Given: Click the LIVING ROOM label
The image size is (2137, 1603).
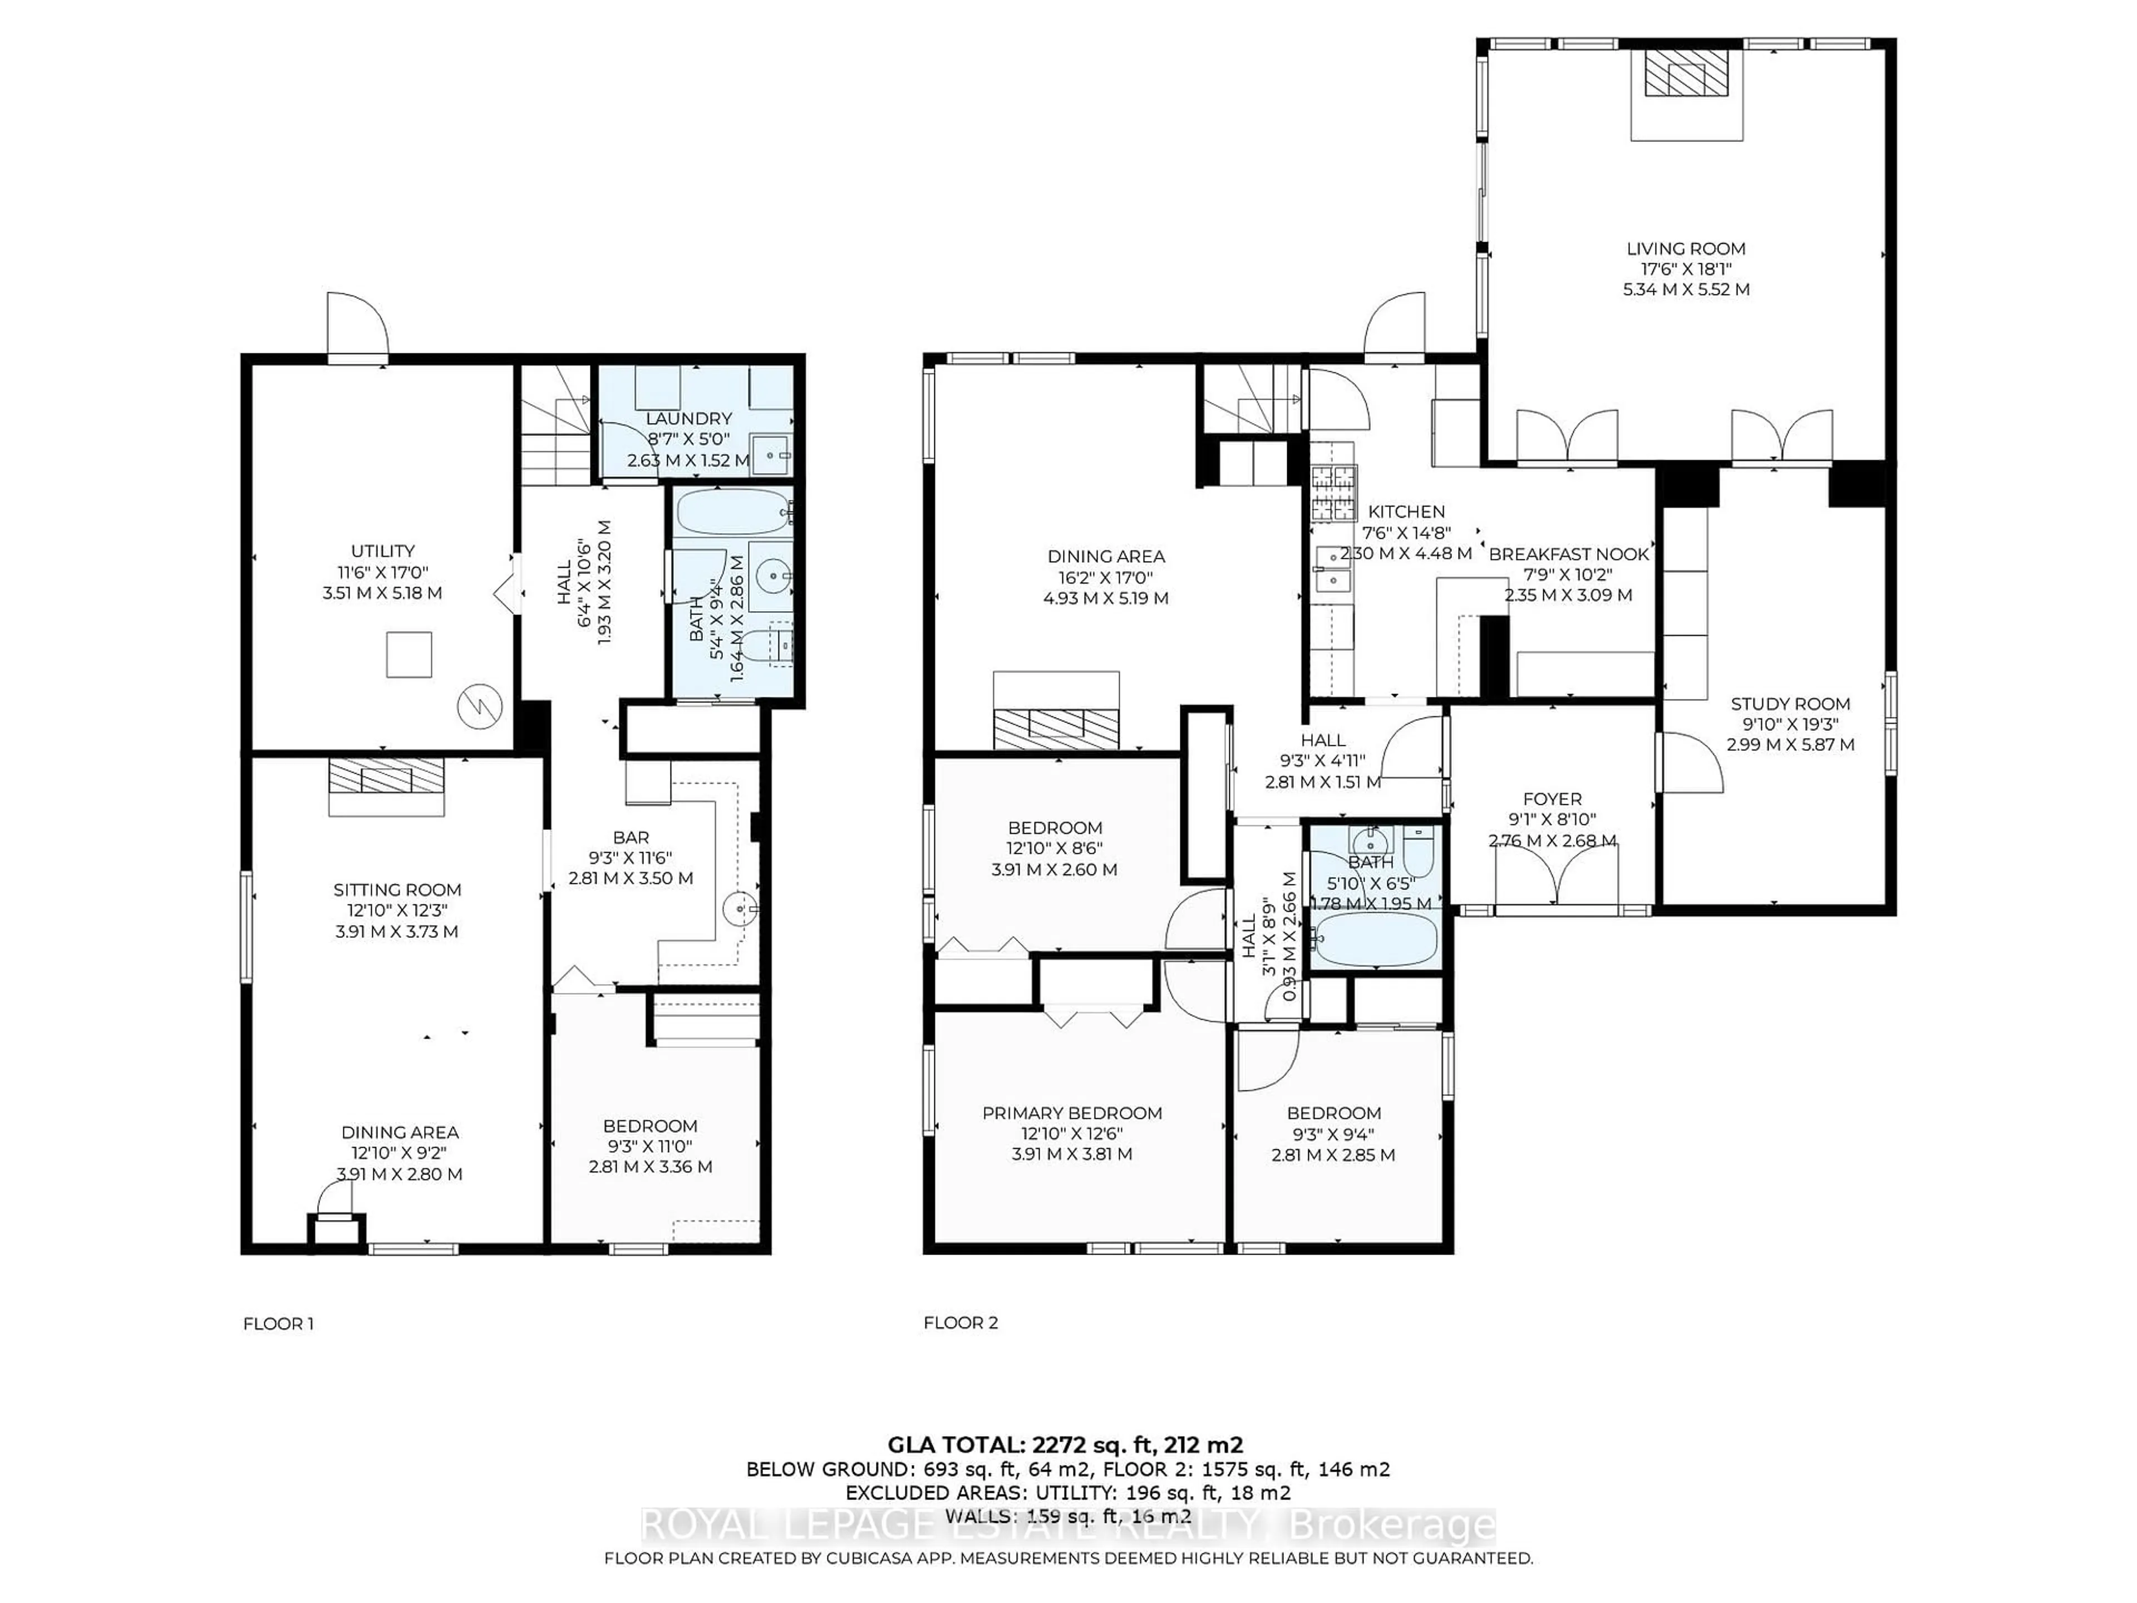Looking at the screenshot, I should pyautogui.click(x=1686, y=248).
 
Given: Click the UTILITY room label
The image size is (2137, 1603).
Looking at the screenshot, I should pyautogui.click(x=382, y=551).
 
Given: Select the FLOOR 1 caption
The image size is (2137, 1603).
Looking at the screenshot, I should pyautogui.click(x=278, y=1324).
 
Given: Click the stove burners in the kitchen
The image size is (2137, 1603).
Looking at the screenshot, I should pyautogui.click(x=1333, y=480).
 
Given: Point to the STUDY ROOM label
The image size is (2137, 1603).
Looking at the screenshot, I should pyautogui.click(x=1790, y=704).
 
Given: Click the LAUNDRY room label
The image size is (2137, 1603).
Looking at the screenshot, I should pyautogui.click(x=688, y=419).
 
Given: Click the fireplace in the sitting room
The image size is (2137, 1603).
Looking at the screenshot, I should pyautogui.click(x=386, y=776).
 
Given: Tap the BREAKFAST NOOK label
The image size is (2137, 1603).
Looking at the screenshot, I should pyautogui.click(x=1569, y=554).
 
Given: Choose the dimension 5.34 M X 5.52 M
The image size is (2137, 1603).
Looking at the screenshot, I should pyautogui.click(x=1686, y=289).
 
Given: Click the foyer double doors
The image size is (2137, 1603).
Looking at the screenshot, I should pyautogui.click(x=1557, y=874).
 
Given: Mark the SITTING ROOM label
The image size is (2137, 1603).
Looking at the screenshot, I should pyautogui.click(x=397, y=890).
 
